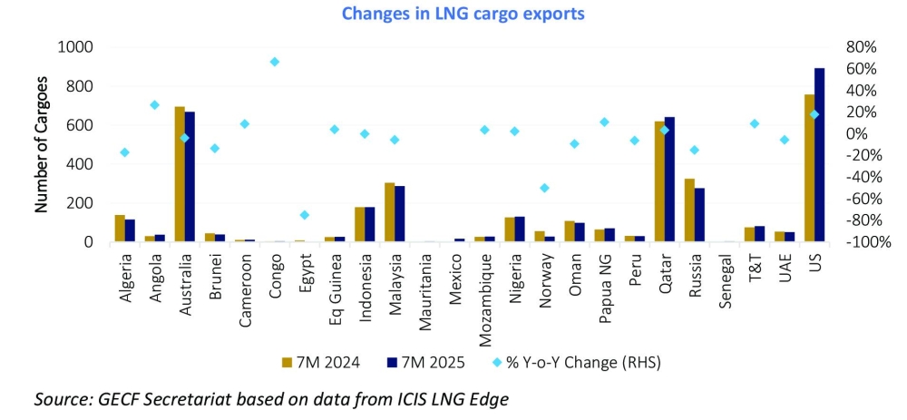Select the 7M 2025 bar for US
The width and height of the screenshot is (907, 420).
coord(819,155)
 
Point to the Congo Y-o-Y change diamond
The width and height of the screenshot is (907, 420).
coord(274,62)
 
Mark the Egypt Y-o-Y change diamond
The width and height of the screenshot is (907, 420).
coord(304,215)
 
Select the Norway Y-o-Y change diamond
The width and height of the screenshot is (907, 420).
coord(544,188)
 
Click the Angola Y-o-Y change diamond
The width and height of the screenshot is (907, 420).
coord(155,105)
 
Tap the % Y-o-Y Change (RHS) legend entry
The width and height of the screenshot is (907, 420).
coord(577,362)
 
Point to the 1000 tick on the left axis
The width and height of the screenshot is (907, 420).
coord(75,47)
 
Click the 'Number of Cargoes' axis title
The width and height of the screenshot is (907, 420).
coord(41,145)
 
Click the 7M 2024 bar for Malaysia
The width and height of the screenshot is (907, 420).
coord(389,212)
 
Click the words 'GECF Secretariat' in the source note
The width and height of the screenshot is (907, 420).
coord(145,398)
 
